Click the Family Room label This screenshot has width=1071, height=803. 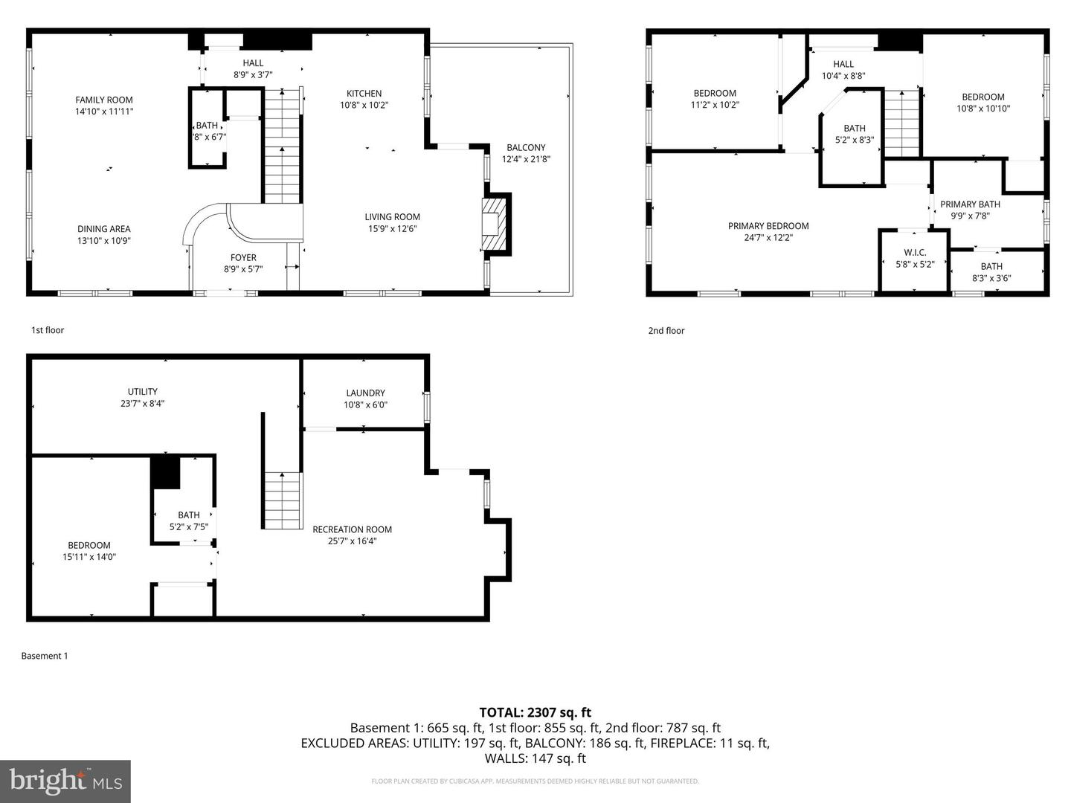(104, 100)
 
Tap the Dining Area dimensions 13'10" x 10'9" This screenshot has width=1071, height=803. (104, 241)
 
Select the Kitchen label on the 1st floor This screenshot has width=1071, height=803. (364, 94)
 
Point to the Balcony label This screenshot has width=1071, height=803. (526, 148)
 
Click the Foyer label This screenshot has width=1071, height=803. (243, 258)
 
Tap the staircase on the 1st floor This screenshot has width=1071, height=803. (283, 149)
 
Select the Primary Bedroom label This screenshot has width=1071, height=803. (768, 226)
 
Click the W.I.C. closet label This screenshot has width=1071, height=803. (914, 253)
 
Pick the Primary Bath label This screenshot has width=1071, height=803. (970, 204)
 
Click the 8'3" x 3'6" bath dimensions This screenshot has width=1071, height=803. (991, 279)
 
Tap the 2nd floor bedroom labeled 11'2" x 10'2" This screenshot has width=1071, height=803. (715, 99)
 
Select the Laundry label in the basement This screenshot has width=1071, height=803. (365, 393)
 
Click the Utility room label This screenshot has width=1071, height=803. (142, 392)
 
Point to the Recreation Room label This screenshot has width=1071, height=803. (352, 529)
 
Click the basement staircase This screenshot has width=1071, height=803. (283, 500)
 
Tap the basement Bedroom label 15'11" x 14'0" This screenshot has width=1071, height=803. (89, 551)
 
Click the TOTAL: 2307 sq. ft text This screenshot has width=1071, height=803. (535, 712)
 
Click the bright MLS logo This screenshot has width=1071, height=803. (65, 781)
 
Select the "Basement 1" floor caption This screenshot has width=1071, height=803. (45, 656)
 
